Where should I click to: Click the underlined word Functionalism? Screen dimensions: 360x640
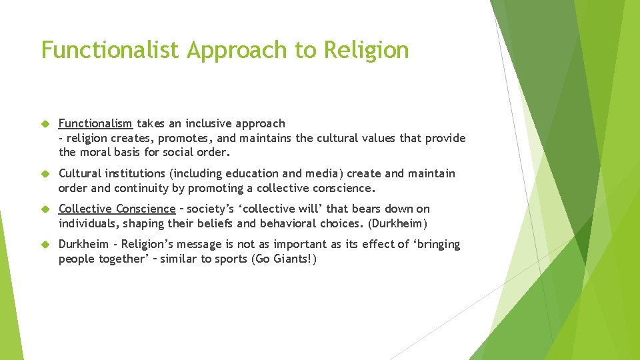(x=95, y=123)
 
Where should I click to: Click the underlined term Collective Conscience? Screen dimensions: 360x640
(x=117, y=209)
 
